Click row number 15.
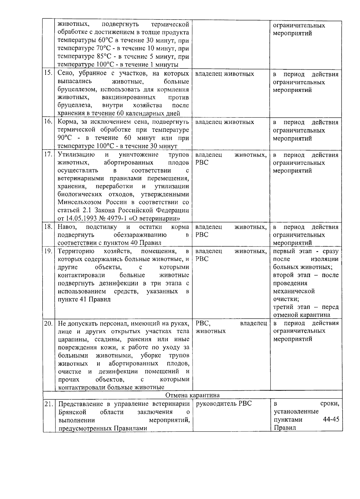click(48, 74)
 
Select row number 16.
click(48, 122)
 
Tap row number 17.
click(48, 155)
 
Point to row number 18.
click(48, 227)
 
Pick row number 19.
click(48, 251)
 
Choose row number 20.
click(48, 323)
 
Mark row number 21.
click(48, 404)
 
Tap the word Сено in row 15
click(65, 74)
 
